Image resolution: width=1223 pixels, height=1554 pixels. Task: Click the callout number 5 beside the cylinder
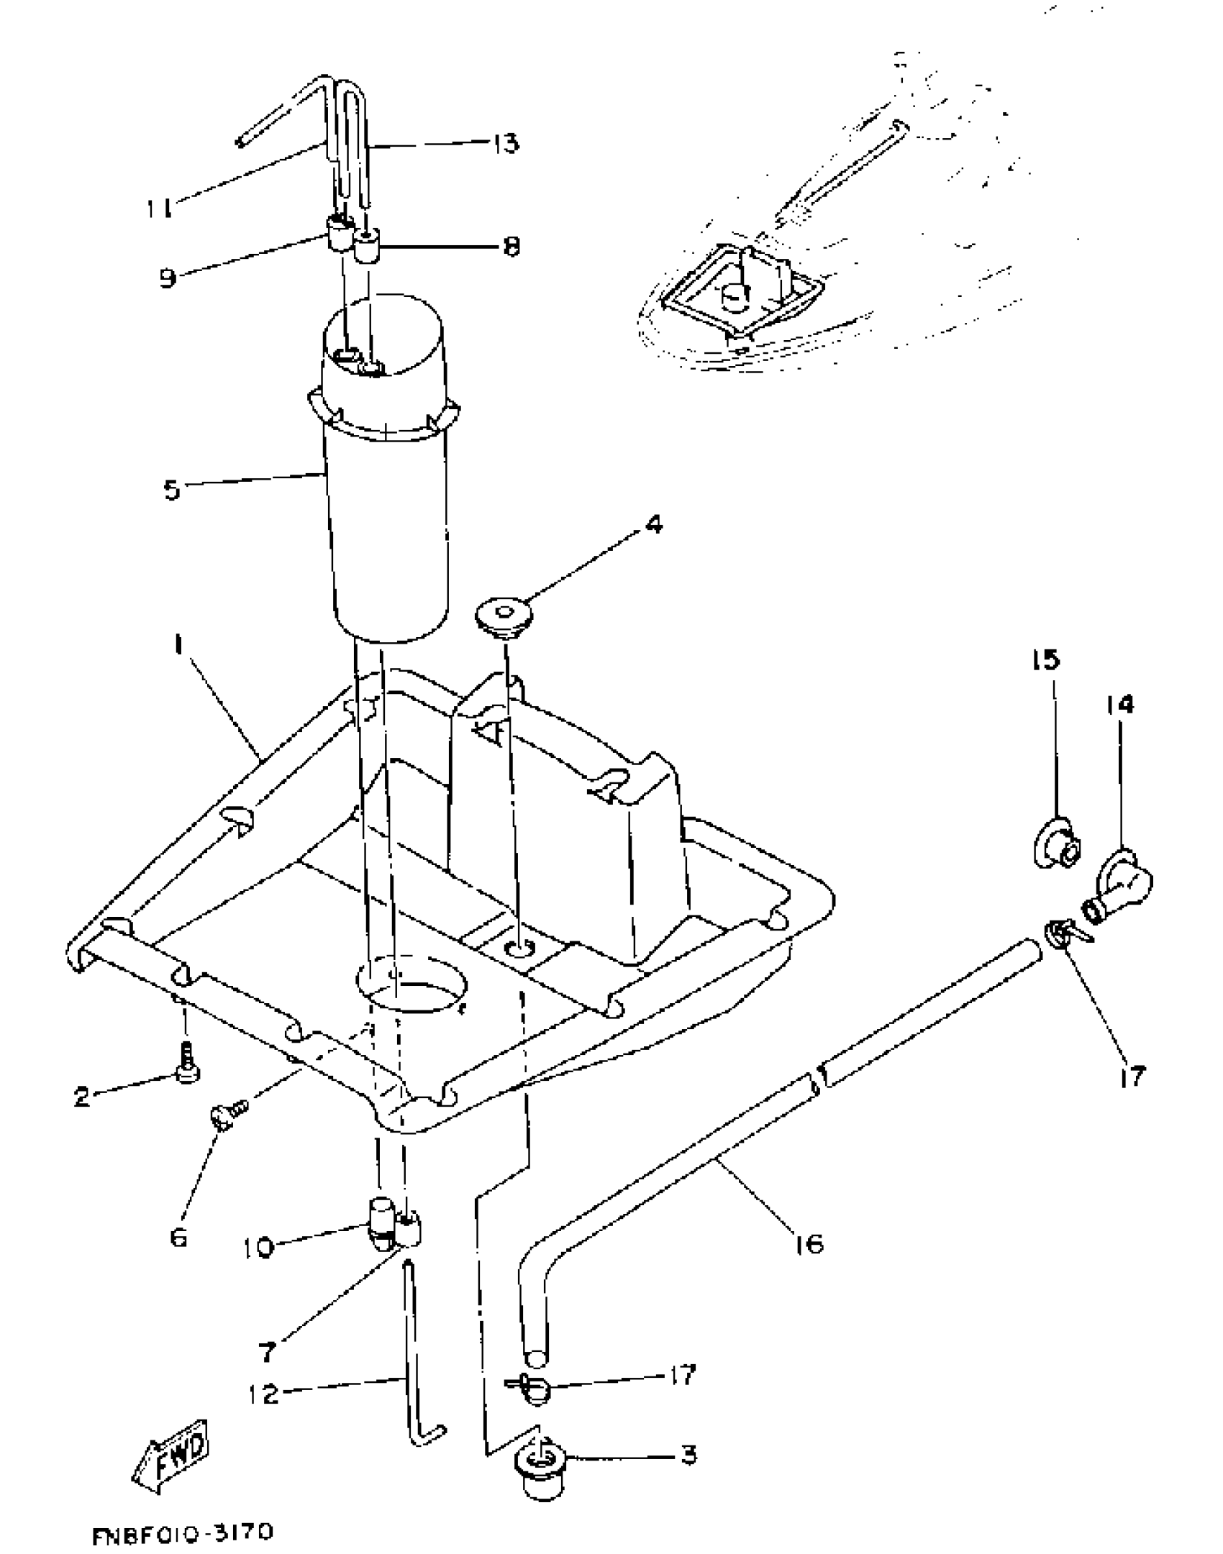tap(172, 490)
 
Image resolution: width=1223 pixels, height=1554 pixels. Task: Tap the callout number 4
tap(653, 525)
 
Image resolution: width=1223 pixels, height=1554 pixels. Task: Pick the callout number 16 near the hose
tap(809, 1243)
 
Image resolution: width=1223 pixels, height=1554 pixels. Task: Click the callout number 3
tap(688, 1455)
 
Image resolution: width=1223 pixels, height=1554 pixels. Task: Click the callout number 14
tap(1120, 705)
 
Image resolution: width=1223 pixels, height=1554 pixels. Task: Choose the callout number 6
tap(178, 1237)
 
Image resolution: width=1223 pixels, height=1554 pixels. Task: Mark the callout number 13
tap(506, 143)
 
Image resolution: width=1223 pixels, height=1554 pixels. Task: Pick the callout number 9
tap(168, 278)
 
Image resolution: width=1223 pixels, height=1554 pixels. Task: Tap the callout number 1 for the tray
tap(176, 646)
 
